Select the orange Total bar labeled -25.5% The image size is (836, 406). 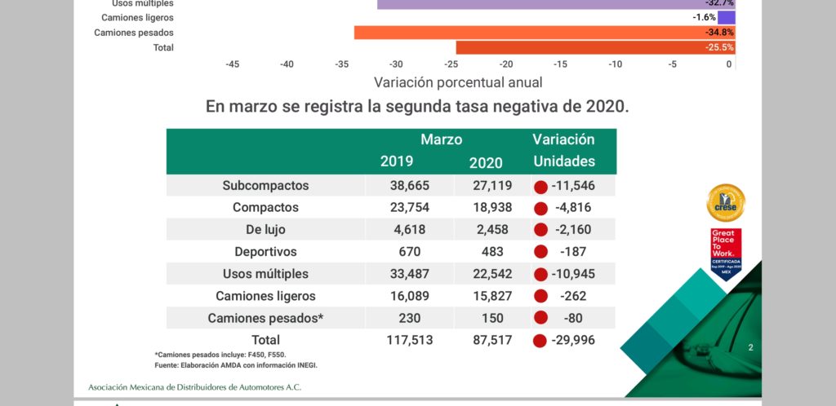click(x=595, y=48)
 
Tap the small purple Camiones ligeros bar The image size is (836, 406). click(x=727, y=17)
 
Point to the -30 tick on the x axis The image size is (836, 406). click(x=396, y=64)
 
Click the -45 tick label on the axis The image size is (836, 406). click(x=232, y=64)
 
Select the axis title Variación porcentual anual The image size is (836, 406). click(x=458, y=82)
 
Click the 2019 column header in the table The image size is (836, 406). click(x=397, y=161)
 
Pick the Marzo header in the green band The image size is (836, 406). click(x=441, y=139)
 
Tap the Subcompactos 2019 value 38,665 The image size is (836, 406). click(x=409, y=186)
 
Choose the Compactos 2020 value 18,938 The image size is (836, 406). click(x=492, y=208)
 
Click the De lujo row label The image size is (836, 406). click(x=265, y=230)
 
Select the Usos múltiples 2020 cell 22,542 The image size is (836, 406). click(x=492, y=274)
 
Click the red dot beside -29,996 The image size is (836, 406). click(x=539, y=341)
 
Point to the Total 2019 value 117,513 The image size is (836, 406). click(x=409, y=340)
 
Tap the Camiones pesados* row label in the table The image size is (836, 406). click(x=265, y=318)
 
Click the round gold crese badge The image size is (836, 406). click(x=725, y=203)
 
